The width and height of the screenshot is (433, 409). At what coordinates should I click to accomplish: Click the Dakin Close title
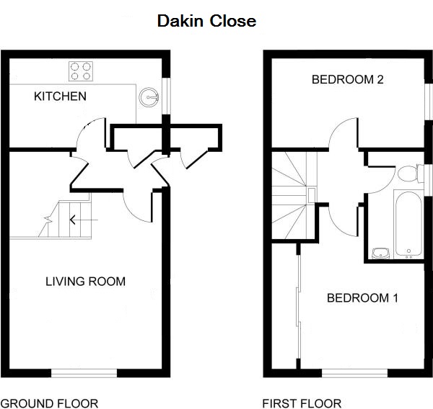point(206,22)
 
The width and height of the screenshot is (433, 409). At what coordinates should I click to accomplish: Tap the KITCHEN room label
point(61,96)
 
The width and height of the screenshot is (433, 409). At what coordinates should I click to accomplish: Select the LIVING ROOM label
point(85,281)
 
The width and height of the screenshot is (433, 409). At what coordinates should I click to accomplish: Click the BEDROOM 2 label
point(347,79)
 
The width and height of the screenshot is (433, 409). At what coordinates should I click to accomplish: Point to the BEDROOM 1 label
point(362,297)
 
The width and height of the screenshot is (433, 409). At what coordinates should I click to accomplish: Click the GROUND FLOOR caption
point(49,403)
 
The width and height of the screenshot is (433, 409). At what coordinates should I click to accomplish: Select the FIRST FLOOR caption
point(302,403)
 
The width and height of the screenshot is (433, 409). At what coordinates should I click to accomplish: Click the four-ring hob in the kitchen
point(82,71)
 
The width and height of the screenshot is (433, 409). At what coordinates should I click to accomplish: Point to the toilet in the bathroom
point(408,174)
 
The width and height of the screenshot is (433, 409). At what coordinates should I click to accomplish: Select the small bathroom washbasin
point(380,253)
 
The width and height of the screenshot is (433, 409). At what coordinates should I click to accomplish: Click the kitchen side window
point(167,94)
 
